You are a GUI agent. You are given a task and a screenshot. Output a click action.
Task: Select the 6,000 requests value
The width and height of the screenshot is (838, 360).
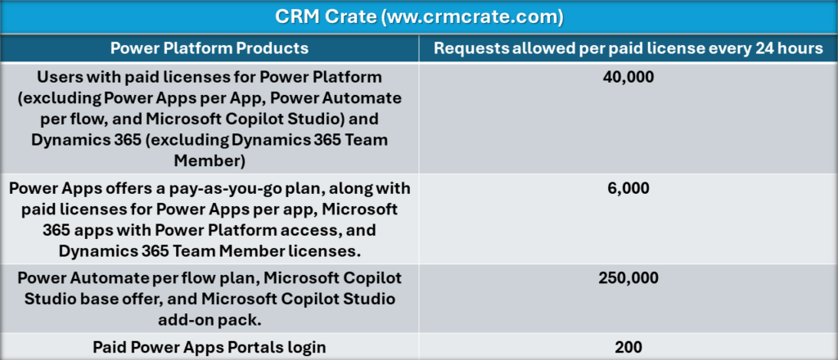pos(628,188)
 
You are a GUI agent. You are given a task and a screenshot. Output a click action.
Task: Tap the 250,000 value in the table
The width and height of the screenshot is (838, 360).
pos(628,278)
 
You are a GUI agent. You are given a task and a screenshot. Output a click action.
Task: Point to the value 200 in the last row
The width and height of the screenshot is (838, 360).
pos(628,347)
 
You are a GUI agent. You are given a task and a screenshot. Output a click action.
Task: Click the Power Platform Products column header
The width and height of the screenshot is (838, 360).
pos(210,47)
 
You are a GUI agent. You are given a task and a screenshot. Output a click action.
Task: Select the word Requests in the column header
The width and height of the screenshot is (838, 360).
pos(470,47)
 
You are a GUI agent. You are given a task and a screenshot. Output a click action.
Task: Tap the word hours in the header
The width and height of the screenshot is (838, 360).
pos(800,47)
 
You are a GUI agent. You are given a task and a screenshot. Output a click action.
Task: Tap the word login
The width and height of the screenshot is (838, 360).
pos(305,347)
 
